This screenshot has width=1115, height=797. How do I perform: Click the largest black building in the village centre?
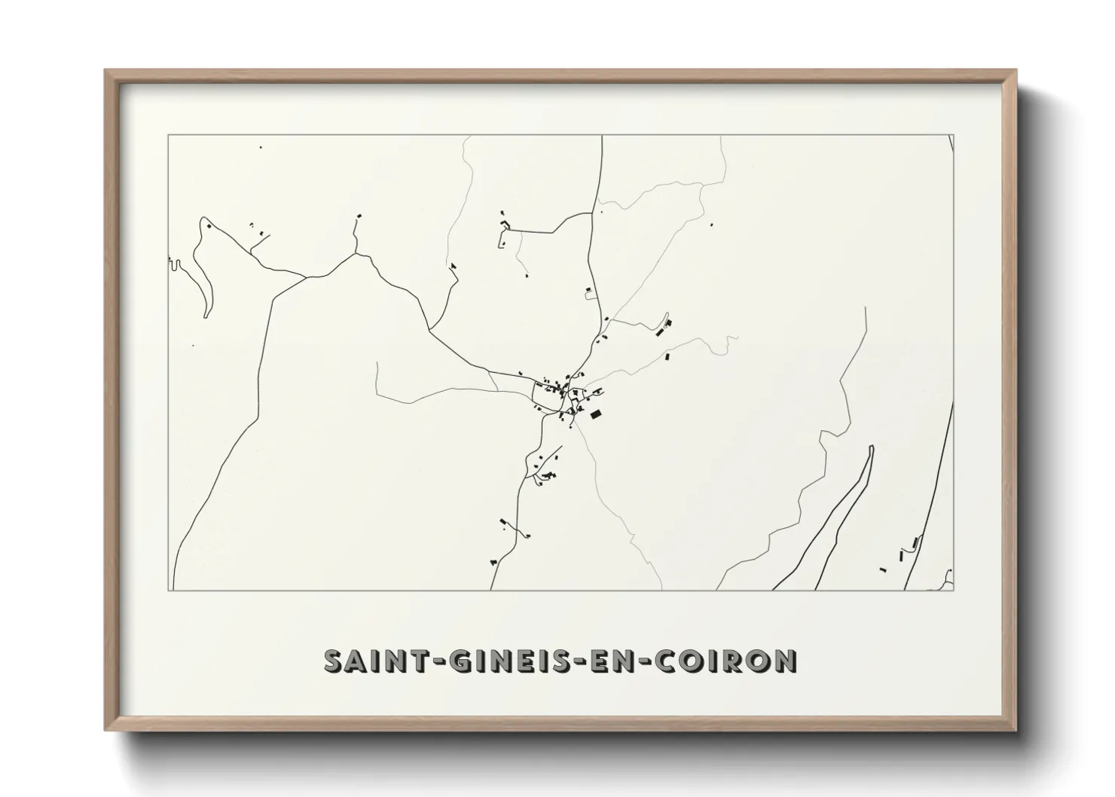(596, 414)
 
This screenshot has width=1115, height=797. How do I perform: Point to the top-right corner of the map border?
(954, 136)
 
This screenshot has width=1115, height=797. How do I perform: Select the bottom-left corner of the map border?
(168, 590)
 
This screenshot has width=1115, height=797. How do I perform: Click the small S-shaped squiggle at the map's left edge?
(174, 264)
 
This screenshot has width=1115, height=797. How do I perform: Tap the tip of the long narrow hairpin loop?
(871, 447)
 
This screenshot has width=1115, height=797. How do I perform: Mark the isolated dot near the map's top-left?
(261, 148)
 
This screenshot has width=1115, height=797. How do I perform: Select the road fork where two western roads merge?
(306, 276)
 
